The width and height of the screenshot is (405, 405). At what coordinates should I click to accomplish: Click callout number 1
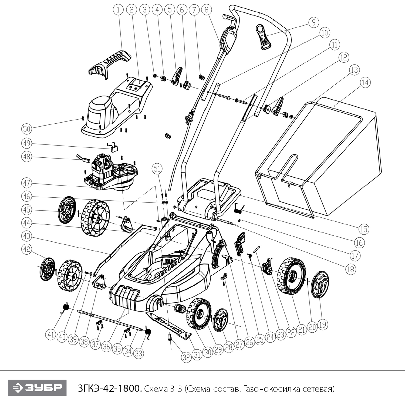tap(118, 10)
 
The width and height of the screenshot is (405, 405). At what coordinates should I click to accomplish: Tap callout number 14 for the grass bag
tap(365, 82)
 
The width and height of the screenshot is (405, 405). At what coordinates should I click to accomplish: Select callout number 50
tap(26, 129)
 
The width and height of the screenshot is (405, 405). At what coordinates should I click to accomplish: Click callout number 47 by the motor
tap(26, 183)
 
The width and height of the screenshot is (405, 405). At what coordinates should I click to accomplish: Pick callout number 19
tap(323, 324)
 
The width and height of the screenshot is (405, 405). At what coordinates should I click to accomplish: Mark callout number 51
tap(157, 169)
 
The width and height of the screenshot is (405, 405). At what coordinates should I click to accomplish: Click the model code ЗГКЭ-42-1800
tap(109, 389)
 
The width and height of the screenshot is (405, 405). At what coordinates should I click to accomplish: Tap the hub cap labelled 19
tap(320, 283)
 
